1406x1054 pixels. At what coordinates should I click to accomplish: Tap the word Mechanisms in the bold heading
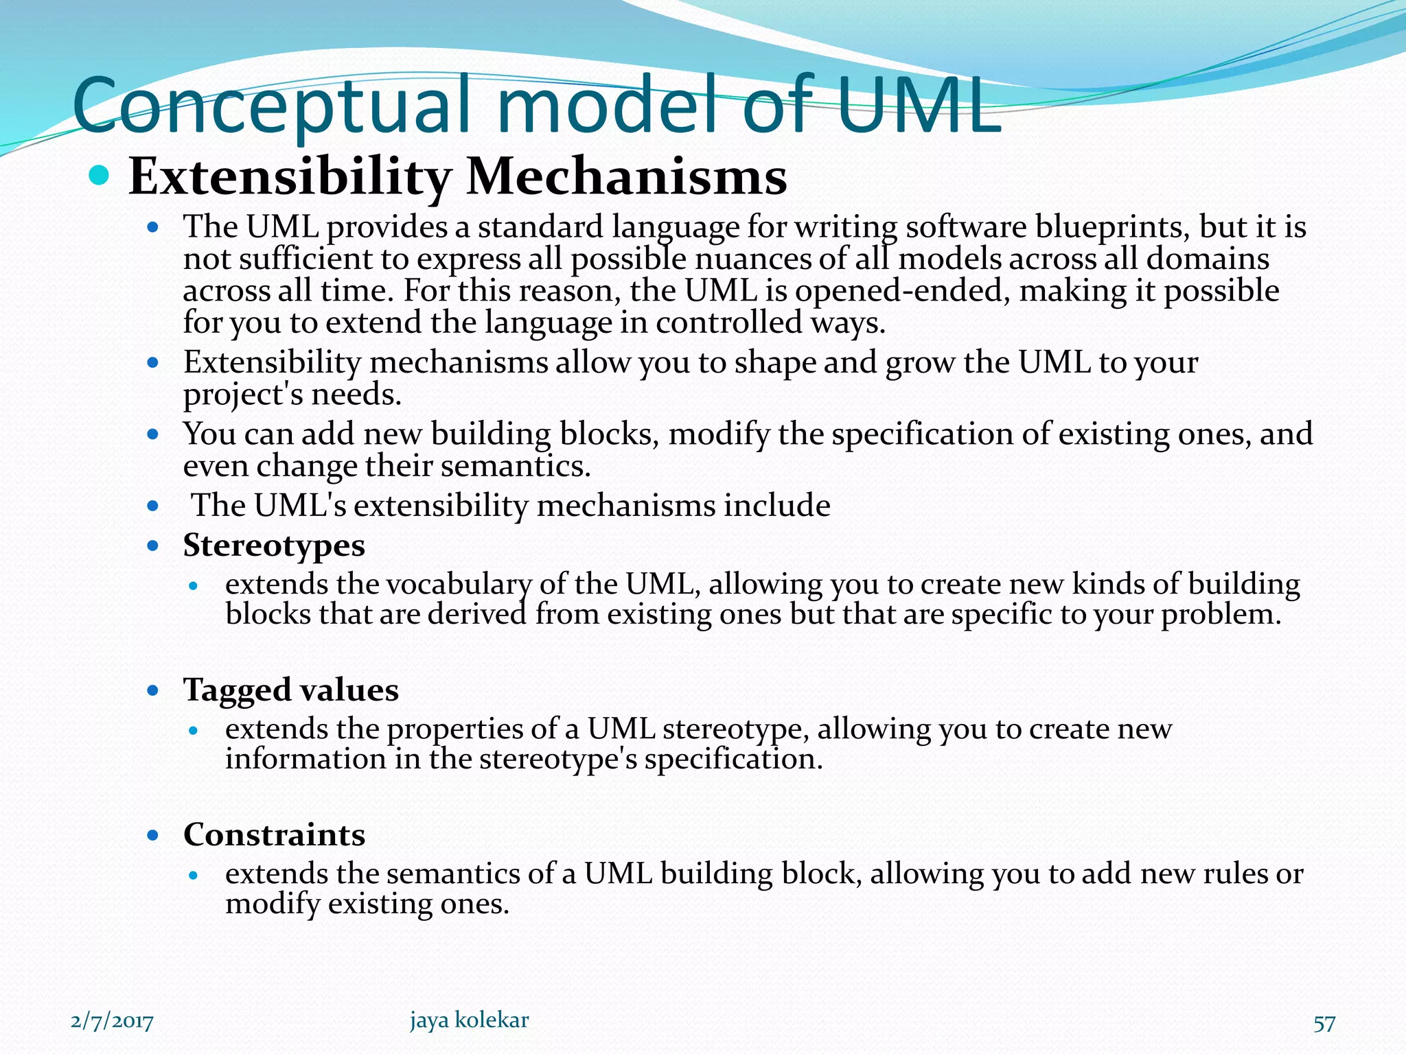(626, 177)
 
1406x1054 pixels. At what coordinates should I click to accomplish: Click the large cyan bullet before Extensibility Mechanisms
(100, 176)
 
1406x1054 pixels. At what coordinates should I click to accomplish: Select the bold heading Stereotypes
(273, 546)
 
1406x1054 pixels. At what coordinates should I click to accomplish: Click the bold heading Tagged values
(290, 690)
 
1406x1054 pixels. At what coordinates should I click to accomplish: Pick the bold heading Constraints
(273, 834)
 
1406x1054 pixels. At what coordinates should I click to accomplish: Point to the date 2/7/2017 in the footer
(112, 1022)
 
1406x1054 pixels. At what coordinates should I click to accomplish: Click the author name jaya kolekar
(469, 1020)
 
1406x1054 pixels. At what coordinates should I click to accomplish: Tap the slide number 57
(1324, 1023)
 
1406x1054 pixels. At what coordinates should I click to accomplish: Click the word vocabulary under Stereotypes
(459, 585)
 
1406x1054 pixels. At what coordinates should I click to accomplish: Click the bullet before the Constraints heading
(153, 835)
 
